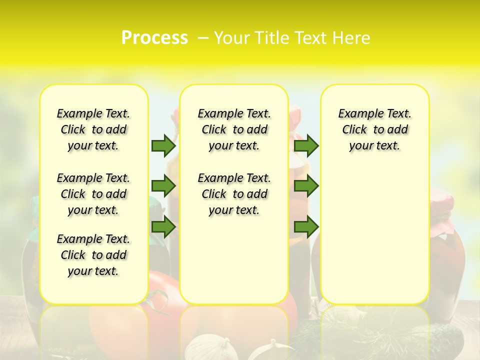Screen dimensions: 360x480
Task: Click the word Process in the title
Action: coord(154,37)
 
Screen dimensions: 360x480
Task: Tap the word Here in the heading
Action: coord(350,38)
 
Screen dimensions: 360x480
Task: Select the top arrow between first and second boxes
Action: coord(163,145)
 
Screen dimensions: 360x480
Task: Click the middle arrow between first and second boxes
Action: coord(163,186)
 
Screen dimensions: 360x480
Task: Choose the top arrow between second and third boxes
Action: coord(306,145)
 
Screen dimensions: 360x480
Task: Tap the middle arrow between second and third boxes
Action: coord(306,186)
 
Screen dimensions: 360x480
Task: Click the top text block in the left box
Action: coord(93,129)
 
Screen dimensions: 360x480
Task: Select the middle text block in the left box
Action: coord(93,194)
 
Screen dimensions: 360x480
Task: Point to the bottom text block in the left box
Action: coord(93,255)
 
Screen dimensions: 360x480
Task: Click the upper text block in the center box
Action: coord(234,129)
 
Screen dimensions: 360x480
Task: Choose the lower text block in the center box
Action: coord(234,194)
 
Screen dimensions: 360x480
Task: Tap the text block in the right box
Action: coord(374,129)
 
